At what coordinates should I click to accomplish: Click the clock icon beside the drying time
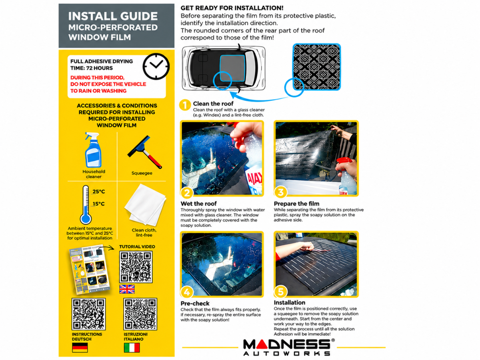click(156, 66)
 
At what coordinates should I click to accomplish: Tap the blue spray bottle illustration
click(93, 150)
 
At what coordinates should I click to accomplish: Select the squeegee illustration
click(144, 152)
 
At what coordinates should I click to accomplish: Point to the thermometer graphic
click(86, 205)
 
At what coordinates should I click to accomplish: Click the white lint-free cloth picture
click(145, 205)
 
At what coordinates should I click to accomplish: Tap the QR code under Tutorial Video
click(136, 267)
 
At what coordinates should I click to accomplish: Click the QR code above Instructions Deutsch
click(88, 314)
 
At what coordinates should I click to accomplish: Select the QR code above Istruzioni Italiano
click(140, 314)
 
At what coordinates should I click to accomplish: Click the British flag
click(127, 289)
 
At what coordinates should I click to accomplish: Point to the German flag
click(80, 348)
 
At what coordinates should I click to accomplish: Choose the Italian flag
click(132, 348)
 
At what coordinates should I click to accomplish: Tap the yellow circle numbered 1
click(185, 105)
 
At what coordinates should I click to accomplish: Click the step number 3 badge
click(280, 192)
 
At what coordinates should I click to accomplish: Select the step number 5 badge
click(280, 291)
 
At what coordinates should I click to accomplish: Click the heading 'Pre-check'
click(195, 303)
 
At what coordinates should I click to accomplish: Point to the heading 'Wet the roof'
click(198, 204)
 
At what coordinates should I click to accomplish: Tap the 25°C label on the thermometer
click(99, 192)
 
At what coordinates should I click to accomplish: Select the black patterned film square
click(317, 67)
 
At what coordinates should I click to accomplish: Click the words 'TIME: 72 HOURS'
click(92, 68)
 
